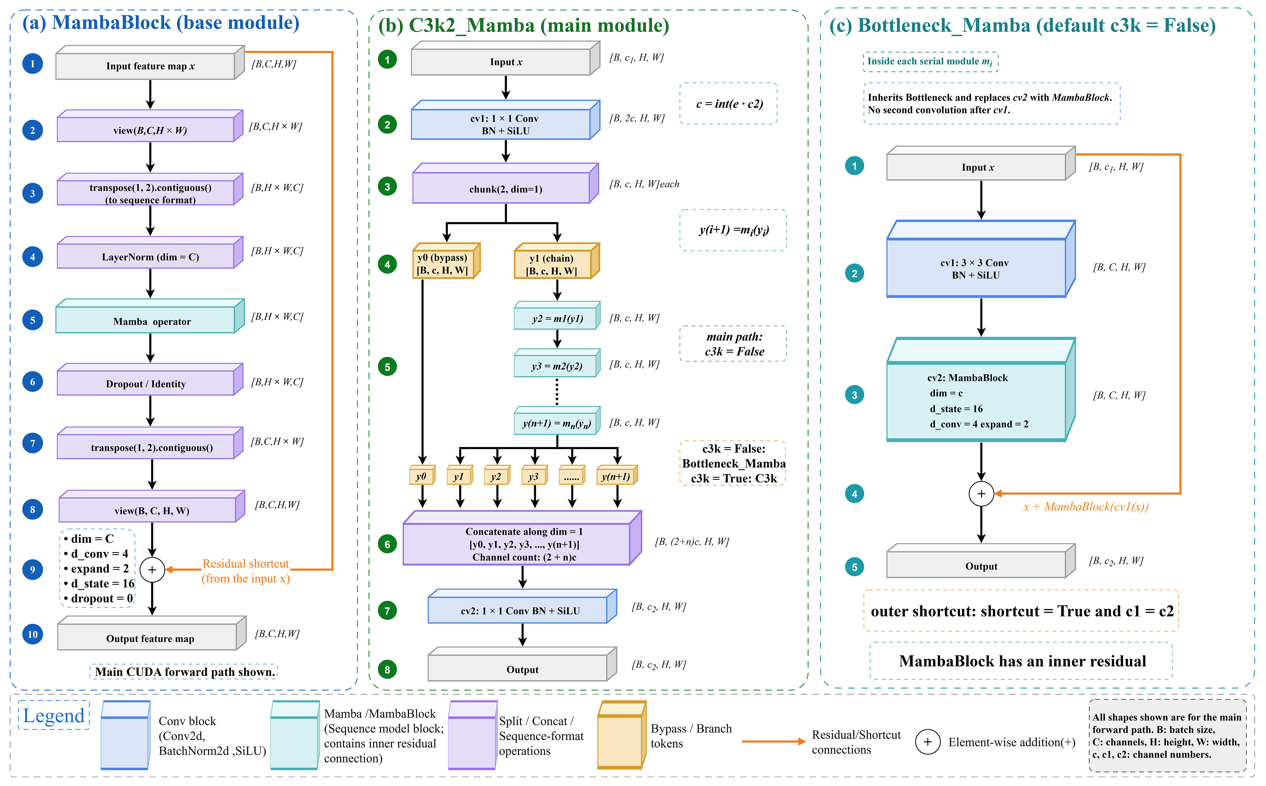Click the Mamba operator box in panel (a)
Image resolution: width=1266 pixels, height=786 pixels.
tap(150, 316)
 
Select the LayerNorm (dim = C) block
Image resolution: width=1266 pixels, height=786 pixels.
tap(150, 253)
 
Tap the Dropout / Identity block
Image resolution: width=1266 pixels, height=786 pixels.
tap(150, 379)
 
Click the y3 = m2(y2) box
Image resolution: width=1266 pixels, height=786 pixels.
tap(557, 363)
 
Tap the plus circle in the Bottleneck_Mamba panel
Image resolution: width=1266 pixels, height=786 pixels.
tap(981, 494)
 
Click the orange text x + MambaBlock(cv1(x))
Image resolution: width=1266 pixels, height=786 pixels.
tap(1086, 507)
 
